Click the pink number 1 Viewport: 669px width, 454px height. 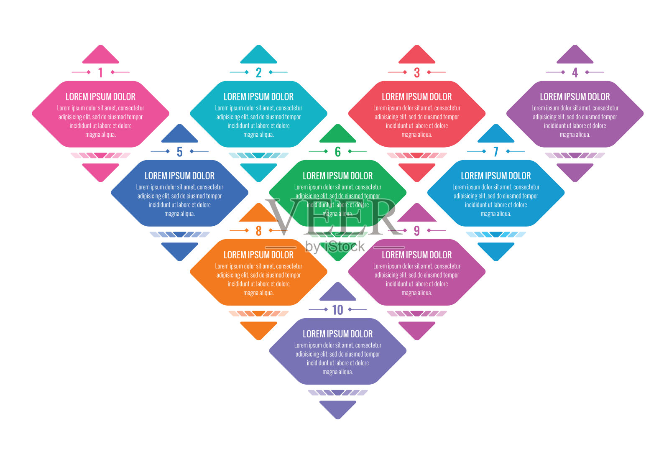coord(100,73)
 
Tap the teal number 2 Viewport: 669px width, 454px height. coord(258,73)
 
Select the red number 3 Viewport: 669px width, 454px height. coord(416,73)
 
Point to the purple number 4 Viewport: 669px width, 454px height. coord(575,73)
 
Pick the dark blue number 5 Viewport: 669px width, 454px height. coord(179,152)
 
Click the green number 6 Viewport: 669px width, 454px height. coord(337,152)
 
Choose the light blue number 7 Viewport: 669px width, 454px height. coord(495,152)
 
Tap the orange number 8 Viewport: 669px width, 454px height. coord(258,231)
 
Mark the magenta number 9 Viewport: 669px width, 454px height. coord(416,231)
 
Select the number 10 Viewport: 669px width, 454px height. coord(337,310)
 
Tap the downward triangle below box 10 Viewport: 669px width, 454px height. coord(337,408)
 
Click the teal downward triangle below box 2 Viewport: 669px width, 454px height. coord(258,171)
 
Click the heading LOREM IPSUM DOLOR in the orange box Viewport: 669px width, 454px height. coord(258,255)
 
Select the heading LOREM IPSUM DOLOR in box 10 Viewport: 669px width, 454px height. coord(337,334)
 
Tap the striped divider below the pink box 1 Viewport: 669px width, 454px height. coord(100,156)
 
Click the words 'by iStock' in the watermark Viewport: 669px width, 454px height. coord(335,247)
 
